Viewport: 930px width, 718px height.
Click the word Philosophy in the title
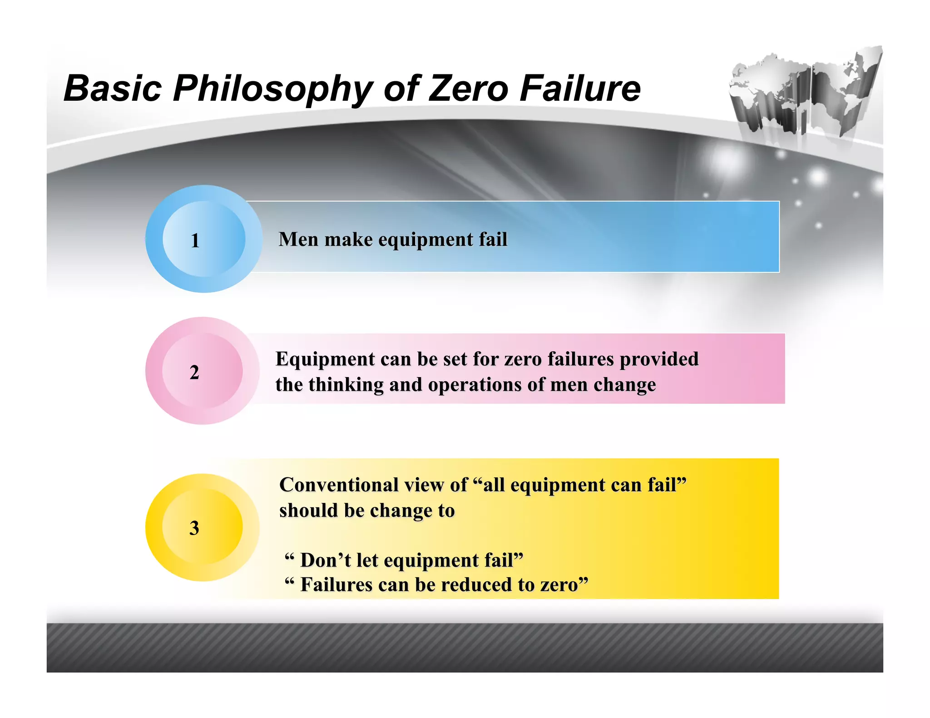coord(272,89)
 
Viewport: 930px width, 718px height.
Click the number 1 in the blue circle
coord(195,241)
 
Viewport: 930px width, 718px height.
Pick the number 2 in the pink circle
coord(194,372)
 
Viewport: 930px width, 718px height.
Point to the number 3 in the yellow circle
coord(194,528)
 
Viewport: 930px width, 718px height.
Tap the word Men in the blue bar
coord(298,239)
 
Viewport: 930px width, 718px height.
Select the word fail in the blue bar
coord(493,239)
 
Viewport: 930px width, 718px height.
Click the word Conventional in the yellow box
coord(339,485)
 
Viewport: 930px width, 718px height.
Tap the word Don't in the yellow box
coord(326,560)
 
